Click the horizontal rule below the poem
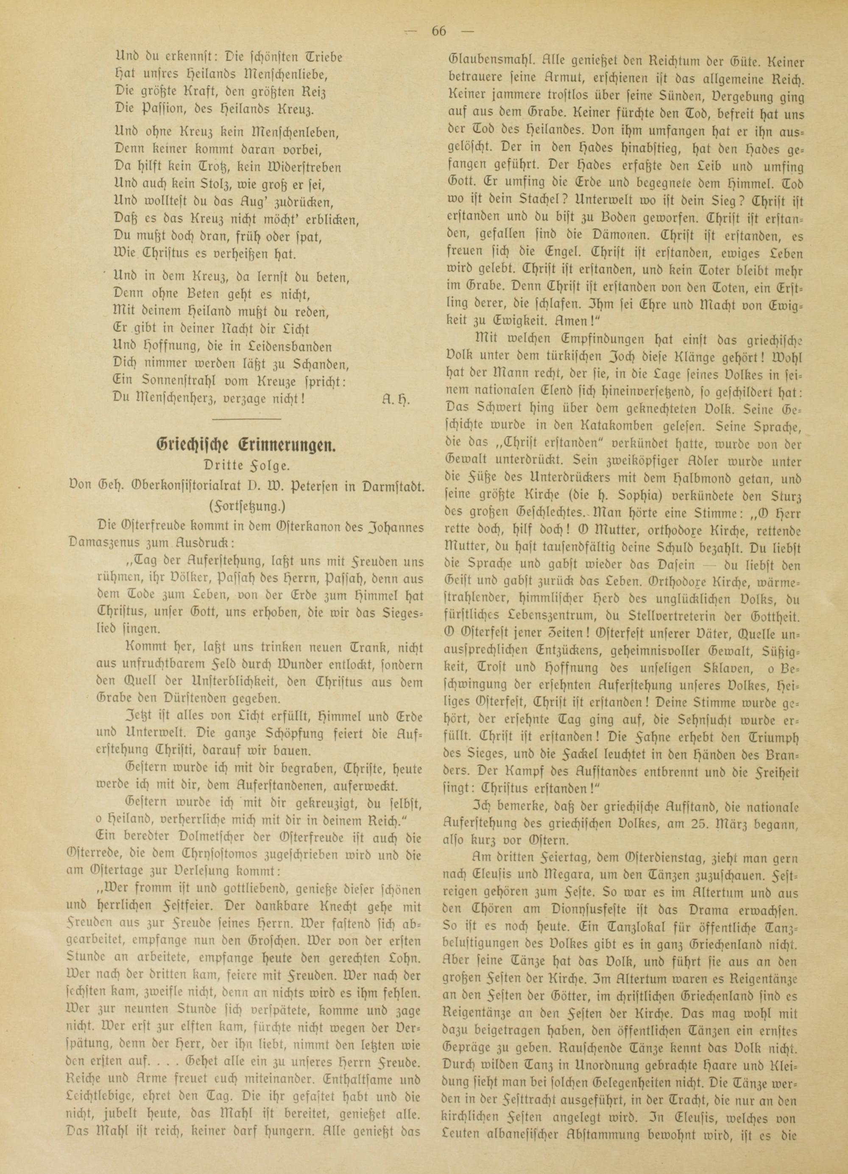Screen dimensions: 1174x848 click(246, 418)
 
